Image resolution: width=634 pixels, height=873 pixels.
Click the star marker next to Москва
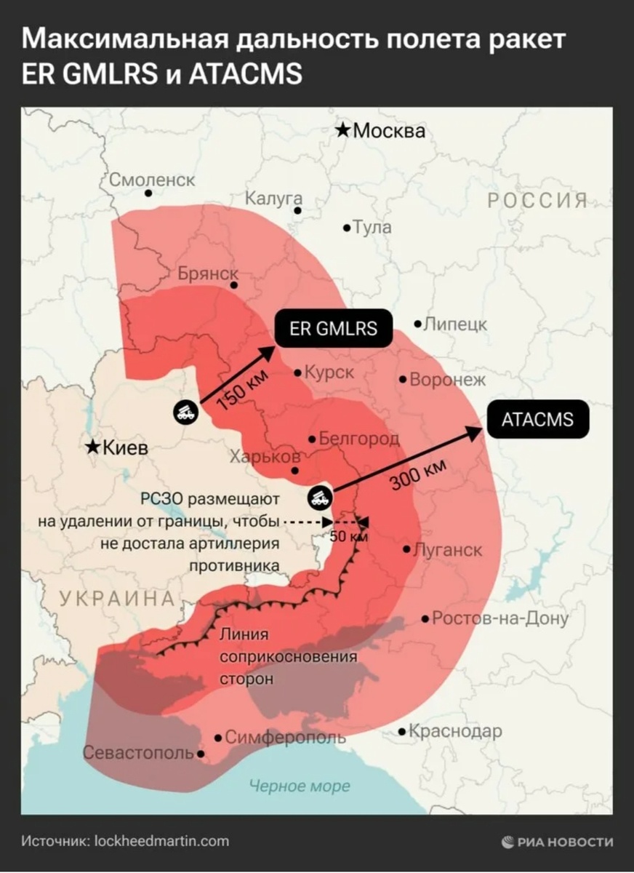click(x=342, y=131)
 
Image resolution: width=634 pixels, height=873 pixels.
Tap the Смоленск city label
click(x=152, y=180)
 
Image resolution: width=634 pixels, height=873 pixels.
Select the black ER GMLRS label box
click(x=333, y=328)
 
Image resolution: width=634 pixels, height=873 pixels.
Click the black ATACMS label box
click(x=537, y=420)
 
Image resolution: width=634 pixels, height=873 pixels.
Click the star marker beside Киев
click(x=93, y=447)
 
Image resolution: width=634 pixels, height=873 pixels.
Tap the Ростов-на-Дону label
click(x=499, y=618)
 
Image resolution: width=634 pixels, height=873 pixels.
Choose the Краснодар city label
click(x=455, y=731)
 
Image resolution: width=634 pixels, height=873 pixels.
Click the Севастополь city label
click(x=138, y=752)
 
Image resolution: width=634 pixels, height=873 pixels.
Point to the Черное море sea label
click(x=299, y=786)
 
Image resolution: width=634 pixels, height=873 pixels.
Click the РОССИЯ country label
click(x=537, y=201)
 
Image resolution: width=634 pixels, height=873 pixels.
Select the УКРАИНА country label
click(x=117, y=599)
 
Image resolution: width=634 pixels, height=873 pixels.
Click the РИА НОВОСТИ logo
click(x=557, y=842)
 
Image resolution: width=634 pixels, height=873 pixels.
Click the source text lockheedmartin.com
click(x=161, y=841)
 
